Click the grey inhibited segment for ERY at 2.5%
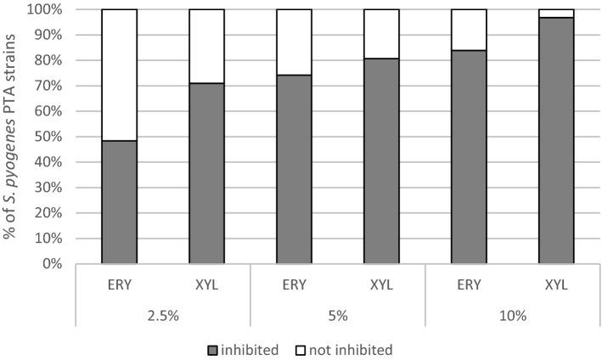120,202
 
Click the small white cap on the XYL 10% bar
556,13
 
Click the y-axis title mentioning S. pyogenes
11,136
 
